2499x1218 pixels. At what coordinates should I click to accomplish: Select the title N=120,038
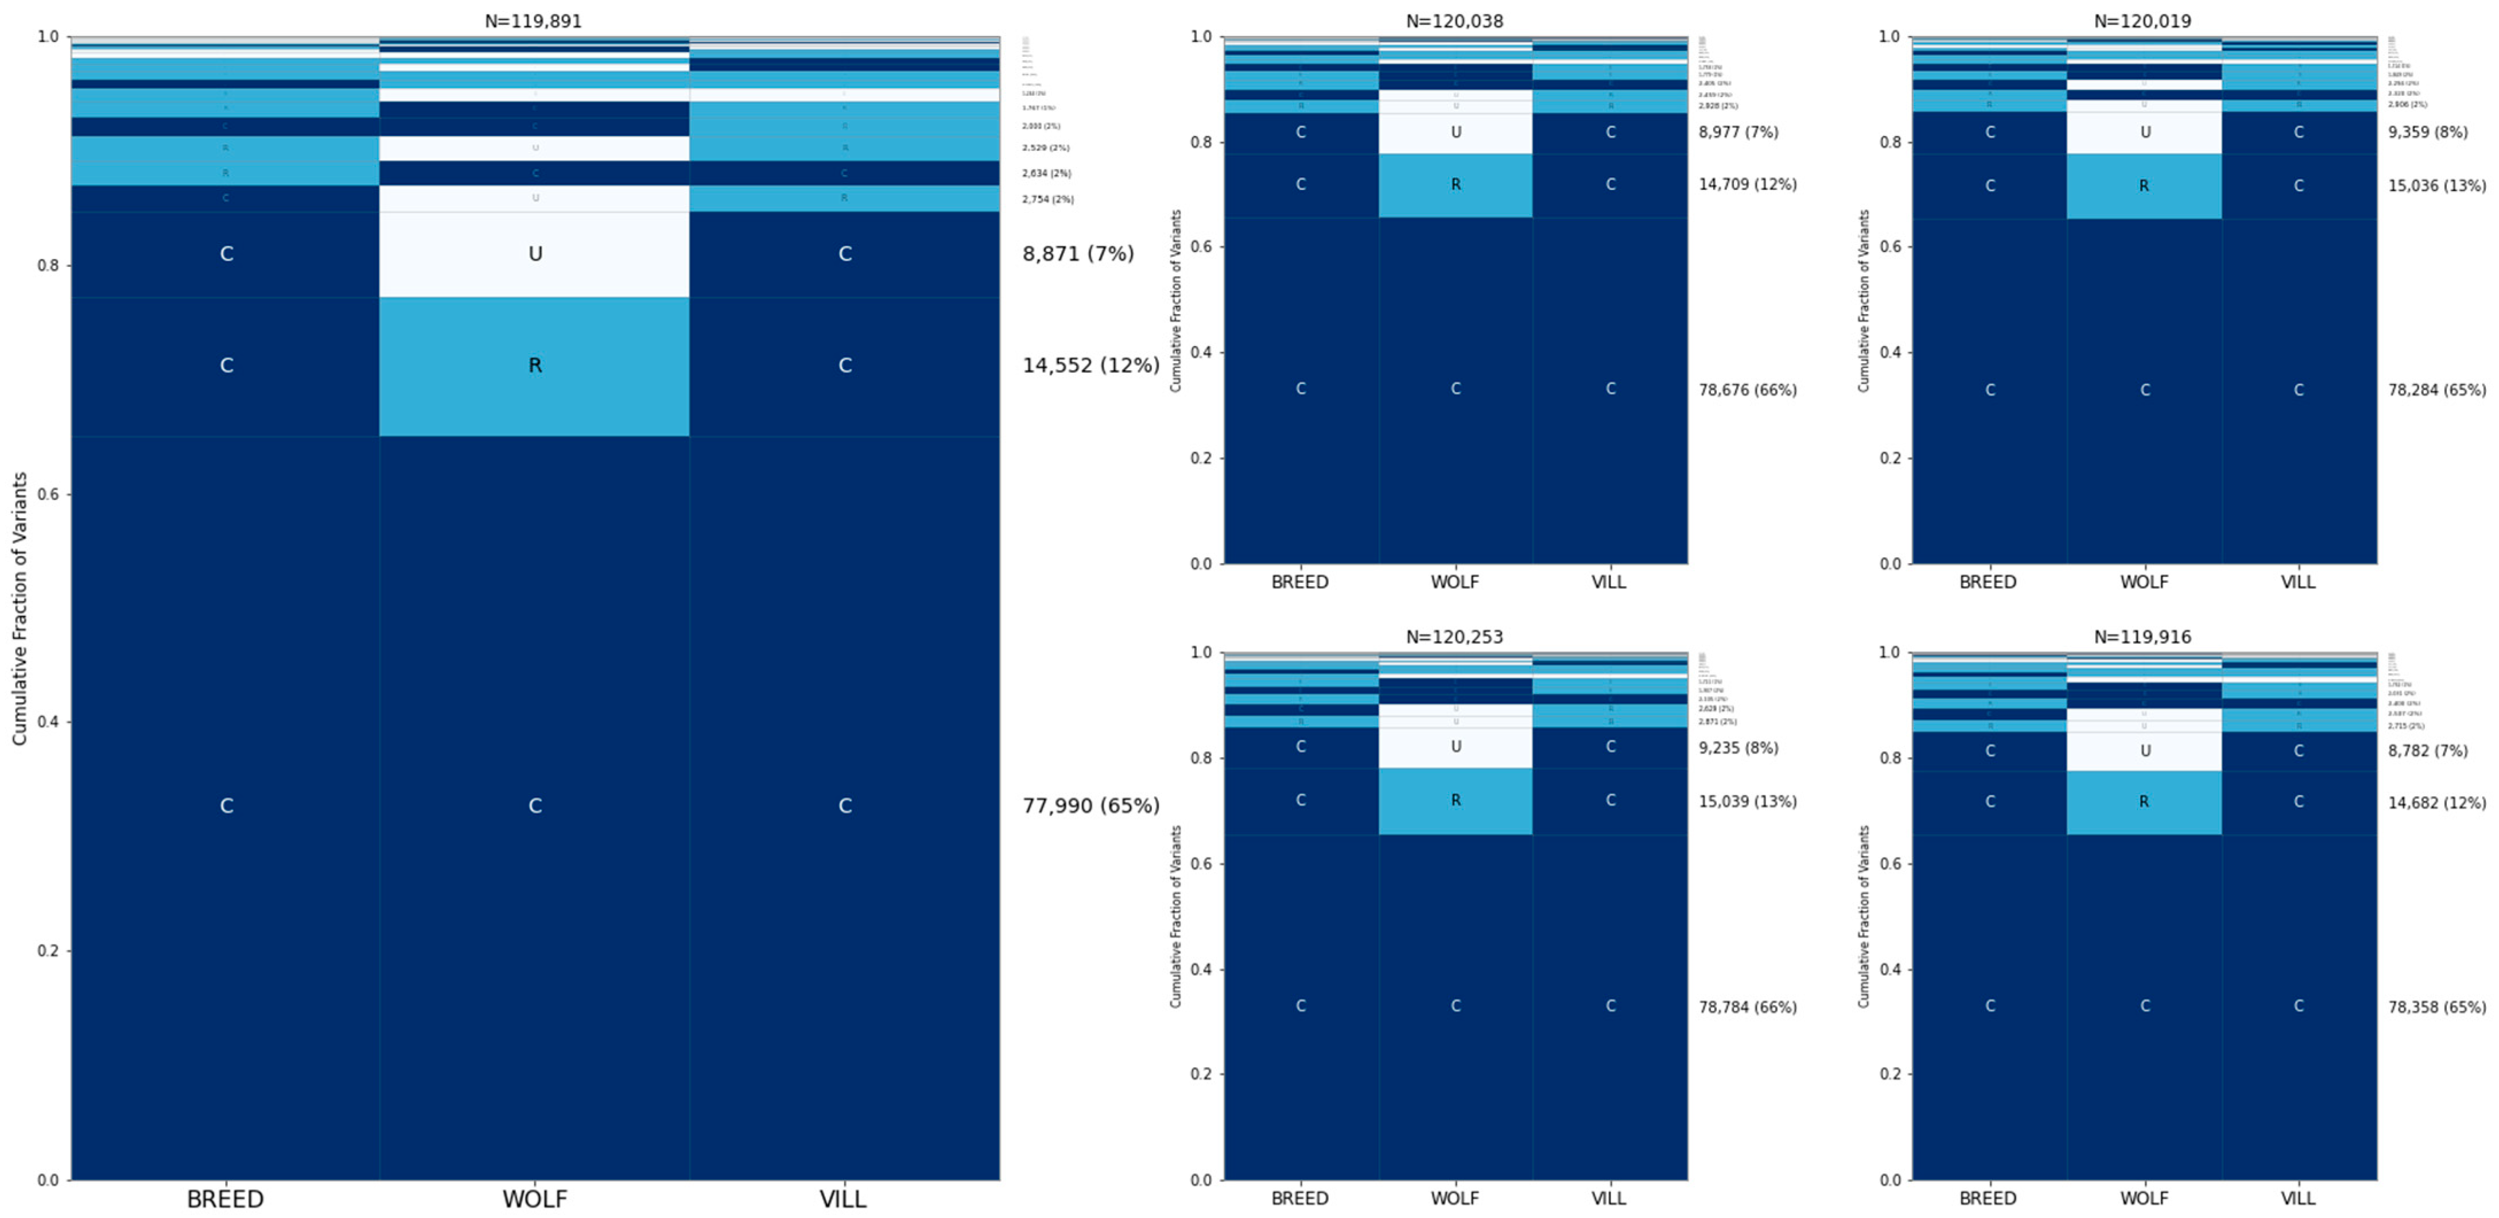[x=1454, y=21]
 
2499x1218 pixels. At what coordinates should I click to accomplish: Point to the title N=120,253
[x=1454, y=637]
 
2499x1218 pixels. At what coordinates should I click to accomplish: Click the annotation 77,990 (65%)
[x=1091, y=805]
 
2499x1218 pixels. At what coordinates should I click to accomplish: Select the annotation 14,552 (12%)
[x=1091, y=366]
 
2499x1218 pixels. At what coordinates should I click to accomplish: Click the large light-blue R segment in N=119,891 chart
[x=534, y=366]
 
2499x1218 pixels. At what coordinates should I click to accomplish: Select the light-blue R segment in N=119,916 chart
[x=2144, y=802]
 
